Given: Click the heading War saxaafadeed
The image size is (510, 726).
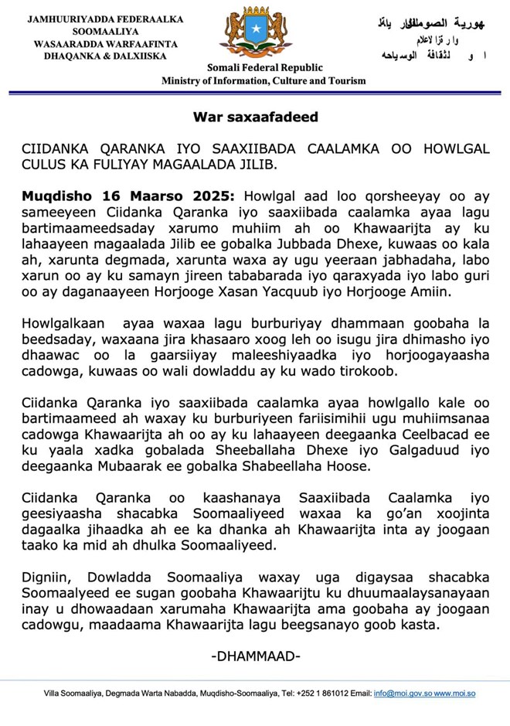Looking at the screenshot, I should pos(255,118).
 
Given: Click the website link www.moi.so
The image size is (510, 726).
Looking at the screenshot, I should pos(455,693).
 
